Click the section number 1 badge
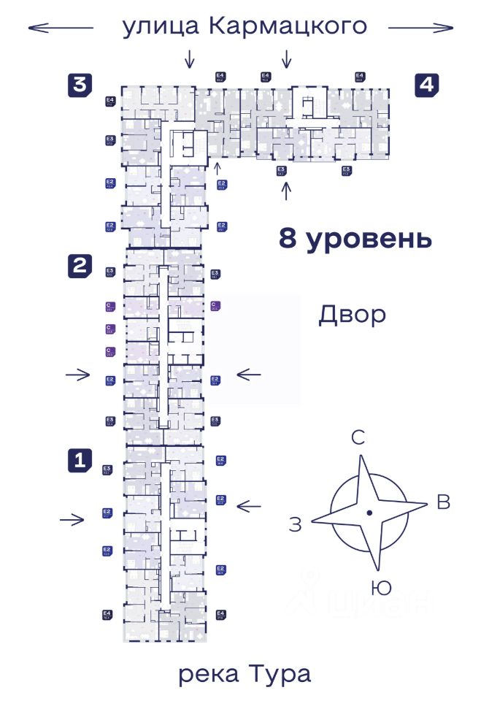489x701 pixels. coord(80,460)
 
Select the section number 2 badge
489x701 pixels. coord(80,266)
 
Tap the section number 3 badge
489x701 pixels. coord(80,85)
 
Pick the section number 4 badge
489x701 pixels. coord(427,85)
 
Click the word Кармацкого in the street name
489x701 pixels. coord(287,27)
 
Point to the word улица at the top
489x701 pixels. coord(161,27)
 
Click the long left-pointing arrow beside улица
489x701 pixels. coord(61,28)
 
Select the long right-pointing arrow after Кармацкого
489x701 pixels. coord(421,28)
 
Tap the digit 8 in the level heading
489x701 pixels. coord(288,238)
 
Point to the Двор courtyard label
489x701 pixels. coord(352,315)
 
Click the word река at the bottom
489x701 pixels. coord(209,674)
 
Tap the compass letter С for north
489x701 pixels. coord(358,438)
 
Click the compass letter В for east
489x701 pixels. coord(442,502)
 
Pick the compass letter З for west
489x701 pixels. coord(295,524)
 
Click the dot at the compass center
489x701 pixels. coord(369,513)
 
